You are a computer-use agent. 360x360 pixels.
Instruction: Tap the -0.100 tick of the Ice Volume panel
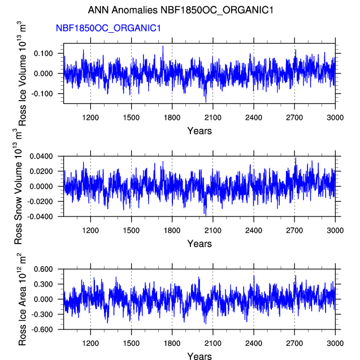point(42,94)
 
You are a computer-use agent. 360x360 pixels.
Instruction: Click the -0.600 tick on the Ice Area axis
point(42,329)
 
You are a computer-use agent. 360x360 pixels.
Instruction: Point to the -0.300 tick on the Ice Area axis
point(42,314)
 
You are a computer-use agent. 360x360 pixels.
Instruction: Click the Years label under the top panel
point(199,131)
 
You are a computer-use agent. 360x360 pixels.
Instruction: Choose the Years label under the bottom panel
point(199,356)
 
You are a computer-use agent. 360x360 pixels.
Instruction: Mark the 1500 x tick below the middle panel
point(131,230)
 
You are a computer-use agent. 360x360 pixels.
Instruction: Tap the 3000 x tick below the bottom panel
point(335,342)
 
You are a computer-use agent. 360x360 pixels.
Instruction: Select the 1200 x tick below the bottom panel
point(90,342)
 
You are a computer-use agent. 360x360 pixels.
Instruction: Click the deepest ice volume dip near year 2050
point(206,102)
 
